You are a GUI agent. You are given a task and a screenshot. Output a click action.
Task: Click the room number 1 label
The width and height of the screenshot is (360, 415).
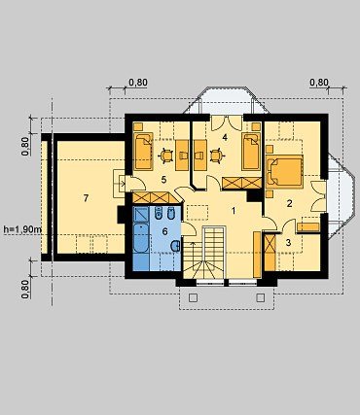[x=234, y=211]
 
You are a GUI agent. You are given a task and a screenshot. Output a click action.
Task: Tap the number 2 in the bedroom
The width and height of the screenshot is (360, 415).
[x=290, y=203]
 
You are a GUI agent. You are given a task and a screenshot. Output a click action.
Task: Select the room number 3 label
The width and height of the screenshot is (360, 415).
[x=289, y=243]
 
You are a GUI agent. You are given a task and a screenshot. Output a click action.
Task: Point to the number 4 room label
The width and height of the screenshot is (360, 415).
[x=225, y=137]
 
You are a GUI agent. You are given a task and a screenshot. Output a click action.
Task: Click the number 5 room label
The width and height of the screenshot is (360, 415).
[x=163, y=180]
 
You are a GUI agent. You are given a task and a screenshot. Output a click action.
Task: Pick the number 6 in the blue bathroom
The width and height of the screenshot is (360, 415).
[x=164, y=231]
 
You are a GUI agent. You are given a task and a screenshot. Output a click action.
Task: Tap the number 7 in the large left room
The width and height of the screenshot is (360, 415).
[x=86, y=198]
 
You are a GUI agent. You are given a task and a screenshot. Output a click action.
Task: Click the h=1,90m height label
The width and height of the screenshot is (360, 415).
[x=22, y=229]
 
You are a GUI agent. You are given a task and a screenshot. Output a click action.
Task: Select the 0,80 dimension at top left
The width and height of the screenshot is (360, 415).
[x=138, y=83]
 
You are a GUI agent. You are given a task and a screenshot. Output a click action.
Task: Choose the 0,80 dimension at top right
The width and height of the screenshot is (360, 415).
[x=319, y=83]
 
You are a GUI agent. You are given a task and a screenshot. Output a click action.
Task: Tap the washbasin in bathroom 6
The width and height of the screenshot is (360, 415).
[x=176, y=246]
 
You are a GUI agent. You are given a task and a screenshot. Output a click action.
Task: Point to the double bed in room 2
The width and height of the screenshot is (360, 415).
[x=284, y=171]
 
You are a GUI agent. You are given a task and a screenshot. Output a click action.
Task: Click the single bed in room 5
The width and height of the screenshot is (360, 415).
[x=143, y=151]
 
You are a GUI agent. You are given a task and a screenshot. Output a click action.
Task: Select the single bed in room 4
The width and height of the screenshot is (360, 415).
[x=251, y=151]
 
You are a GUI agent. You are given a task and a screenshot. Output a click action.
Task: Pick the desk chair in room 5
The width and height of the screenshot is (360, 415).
[x=166, y=155]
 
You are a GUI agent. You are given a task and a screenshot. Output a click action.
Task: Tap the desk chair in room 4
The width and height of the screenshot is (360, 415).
[x=216, y=155]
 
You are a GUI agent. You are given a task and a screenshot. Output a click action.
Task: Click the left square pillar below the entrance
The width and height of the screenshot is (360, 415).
[x=193, y=297]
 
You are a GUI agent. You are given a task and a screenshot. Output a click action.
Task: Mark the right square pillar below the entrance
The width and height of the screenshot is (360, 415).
[x=261, y=297]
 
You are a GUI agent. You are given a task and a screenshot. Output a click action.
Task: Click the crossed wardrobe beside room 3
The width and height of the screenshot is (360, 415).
[x=270, y=252]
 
